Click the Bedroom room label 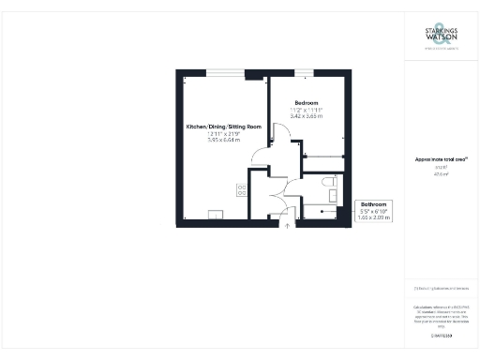pos(307,102)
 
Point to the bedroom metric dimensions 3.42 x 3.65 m pos(307,116)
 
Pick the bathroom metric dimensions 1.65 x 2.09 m pos(372,217)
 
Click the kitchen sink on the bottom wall pos(215,214)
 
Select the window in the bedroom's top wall pos(306,72)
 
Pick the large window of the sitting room pos(223,72)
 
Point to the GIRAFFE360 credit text pos(440,335)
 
